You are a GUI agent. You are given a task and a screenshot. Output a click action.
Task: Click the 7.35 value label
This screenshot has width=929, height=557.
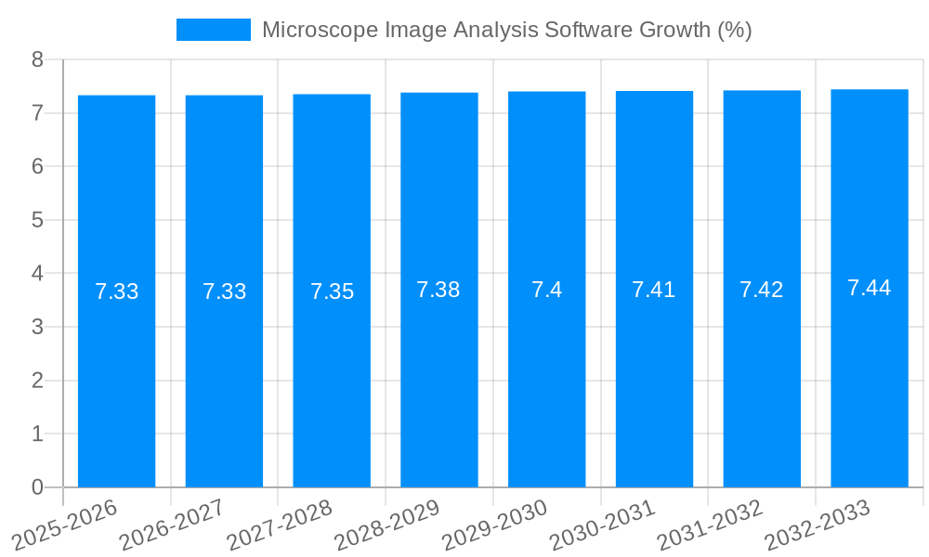pos(332,291)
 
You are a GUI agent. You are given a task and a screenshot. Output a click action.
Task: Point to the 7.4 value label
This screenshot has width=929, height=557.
pos(546,290)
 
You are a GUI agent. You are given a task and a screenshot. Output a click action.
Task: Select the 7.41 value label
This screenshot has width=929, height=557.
pos(653,290)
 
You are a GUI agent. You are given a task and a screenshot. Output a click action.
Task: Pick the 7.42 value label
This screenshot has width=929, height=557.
pos(761,290)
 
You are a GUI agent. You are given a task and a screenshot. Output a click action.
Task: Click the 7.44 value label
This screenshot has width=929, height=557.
pos(869,288)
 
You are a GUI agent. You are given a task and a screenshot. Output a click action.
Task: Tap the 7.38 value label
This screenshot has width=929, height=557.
pos(438,290)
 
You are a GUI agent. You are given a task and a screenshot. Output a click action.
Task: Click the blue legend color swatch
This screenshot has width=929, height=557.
pos(214,30)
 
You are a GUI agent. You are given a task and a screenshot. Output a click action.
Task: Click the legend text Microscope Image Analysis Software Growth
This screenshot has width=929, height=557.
pos(506,30)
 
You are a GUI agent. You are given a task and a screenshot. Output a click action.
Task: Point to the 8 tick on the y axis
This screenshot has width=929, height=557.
pos(37,60)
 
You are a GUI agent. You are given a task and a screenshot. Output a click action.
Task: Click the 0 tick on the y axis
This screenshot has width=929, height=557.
pos(37,487)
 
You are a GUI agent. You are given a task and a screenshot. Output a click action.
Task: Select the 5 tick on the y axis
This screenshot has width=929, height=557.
pos(37,220)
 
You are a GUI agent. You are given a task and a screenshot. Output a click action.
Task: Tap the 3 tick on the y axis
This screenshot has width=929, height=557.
pos(37,327)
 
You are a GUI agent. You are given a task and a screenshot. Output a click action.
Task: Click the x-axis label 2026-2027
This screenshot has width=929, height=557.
pos(172,525)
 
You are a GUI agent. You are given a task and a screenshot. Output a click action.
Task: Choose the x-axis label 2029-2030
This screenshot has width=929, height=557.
pos(494,525)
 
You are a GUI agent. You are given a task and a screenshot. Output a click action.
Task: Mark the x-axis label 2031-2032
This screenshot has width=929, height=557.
pos(710,525)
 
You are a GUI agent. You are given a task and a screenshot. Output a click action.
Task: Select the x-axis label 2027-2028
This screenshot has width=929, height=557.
pos(280,525)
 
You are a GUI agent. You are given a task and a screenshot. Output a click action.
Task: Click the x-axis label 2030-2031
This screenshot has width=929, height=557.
pos(602,525)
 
